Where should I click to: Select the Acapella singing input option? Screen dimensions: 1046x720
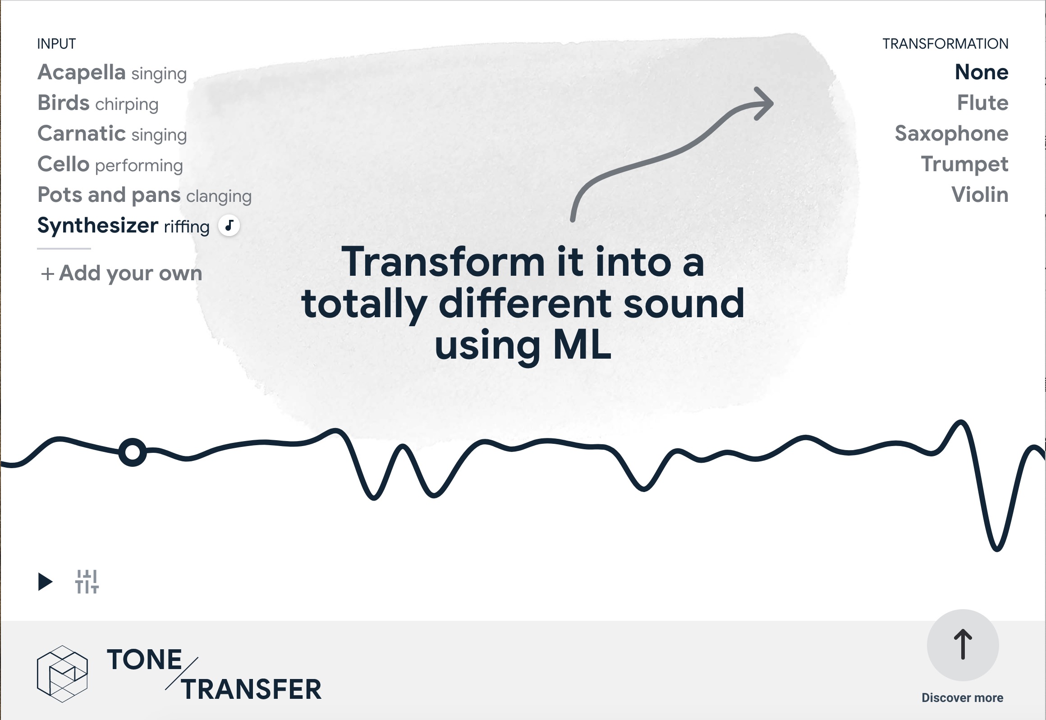click(x=112, y=73)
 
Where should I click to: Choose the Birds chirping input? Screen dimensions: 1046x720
click(x=98, y=103)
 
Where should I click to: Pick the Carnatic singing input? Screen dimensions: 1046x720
click(x=112, y=134)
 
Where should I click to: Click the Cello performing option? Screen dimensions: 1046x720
click(x=110, y=164)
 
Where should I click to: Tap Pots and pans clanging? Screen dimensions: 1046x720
click(x=144, y=196)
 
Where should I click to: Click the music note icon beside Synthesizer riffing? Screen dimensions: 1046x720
click(x=229, y=225)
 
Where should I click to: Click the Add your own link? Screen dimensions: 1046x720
click(x=121, y=273)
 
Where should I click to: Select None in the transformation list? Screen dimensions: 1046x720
click(x=982, y=72)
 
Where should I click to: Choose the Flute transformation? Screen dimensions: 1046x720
click(x=983, y=103)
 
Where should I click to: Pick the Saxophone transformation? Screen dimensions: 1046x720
click(x=952, y=134)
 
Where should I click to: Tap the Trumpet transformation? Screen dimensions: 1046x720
click(x=965, y=164)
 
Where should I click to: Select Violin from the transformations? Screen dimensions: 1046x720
click(x=980, y=195)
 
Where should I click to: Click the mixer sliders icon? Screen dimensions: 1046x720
click(x=87, y=582)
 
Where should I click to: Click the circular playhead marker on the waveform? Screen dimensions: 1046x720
click(x=132, y=452)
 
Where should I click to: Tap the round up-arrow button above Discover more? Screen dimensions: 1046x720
click(x=963, y=645)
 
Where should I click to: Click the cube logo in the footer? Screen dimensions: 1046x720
click(x=62, y=674)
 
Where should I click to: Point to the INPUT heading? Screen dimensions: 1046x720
click(x=56, y=44)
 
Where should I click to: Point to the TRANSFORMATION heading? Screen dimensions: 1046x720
click(x=945, y=44)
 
